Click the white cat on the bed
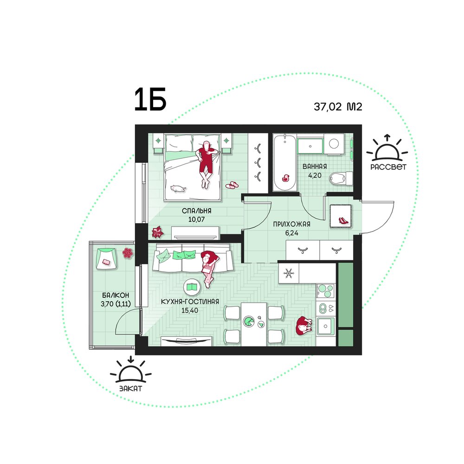pyautogui.click(x=178, y=188)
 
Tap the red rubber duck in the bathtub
pyautogui.click(x=285, y=178)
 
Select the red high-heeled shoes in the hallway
pyautogui.click(x=343, y=220)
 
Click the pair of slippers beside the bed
pyautogui.click(x=232, y=185)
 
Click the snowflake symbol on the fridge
pyautogui.click(x=289, y=273)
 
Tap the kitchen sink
pyautogui.click(x=326, y=326)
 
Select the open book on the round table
pyautogui.click(x=193, y=287)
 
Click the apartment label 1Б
pyautogui.click(x=150, y=99)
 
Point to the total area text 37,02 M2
pyautogui.click(x=338, y=107)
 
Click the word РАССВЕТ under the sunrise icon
pyautogui.click(x=388, y=167)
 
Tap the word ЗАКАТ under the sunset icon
pyautogui.click(x=131, y=388)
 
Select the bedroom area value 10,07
pyautogui.click(x=196, y=219)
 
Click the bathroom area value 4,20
pyautogui.click(x=315, y=175)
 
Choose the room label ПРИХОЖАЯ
pyautogui.click(x=291, y=224)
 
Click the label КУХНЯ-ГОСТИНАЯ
pyautogui.click(x=190, y=302)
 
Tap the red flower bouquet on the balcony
pyautogui.click(x=128, y=253)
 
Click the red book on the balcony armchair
pyautogui.click(x=106, y=262)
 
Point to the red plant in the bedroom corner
pyautogui.click(x=157, y=232)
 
